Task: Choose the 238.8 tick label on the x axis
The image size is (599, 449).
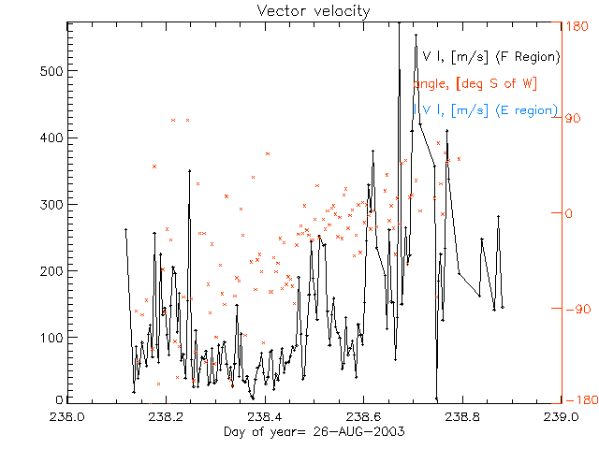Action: click(460, 417)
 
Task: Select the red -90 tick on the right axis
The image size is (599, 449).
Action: click(575, 307)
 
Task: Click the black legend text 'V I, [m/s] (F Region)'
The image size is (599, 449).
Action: click(491, 57)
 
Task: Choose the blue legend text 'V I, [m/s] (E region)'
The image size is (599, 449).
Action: click(490, 110)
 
